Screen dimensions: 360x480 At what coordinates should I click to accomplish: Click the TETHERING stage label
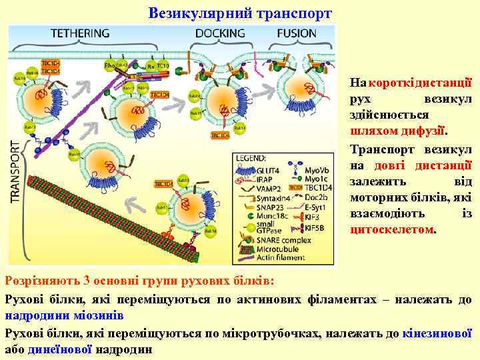click(x=81, y=33)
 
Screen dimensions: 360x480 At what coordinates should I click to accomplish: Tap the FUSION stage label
click(x=297, y=33)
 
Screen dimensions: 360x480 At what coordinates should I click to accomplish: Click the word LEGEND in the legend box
click(x=251, y=158)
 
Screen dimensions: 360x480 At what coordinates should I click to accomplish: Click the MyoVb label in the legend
click(x=315, y=170)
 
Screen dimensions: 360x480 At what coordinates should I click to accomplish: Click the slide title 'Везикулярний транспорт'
click(x=240, y=13)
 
